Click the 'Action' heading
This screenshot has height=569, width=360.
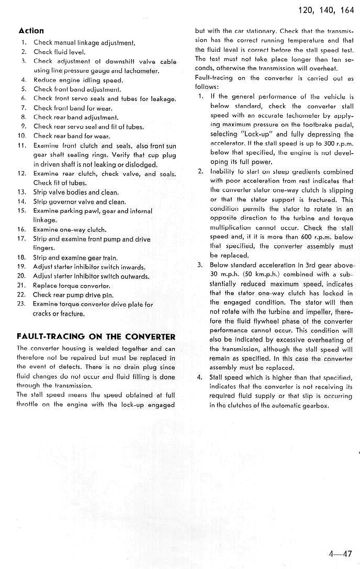(31, 30)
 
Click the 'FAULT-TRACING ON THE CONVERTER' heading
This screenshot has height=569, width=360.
(96, 336)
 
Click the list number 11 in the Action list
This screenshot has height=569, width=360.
(22, 146)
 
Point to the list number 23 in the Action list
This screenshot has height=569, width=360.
(21, 304)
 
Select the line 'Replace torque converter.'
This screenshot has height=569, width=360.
(71, 286)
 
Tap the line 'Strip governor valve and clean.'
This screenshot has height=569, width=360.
(80, 201)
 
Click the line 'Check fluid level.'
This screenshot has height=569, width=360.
(59, 52)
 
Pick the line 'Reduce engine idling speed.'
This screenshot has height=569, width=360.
(78, 80)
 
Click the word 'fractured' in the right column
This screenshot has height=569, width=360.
(321, 199)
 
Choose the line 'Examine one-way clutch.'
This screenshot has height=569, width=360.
(70, 229)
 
